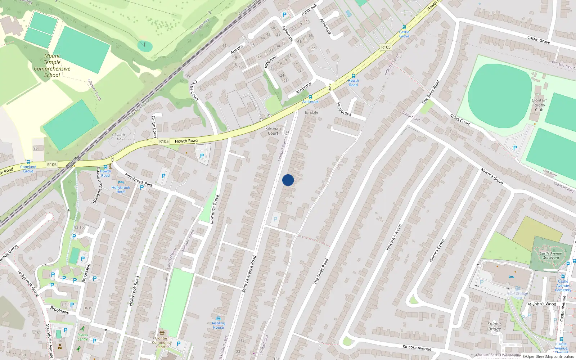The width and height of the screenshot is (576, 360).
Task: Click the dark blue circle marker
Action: (288, 180)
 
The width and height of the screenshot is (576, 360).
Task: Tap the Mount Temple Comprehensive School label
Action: (52, 66)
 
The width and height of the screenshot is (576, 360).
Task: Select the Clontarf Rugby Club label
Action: (539, 105)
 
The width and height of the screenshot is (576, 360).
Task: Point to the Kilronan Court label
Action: (273, 131)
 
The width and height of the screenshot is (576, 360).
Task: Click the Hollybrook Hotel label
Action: (121, 190)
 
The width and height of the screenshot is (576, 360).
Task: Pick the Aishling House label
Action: (218, 325)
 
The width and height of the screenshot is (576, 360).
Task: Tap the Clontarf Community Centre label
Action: (162, 342)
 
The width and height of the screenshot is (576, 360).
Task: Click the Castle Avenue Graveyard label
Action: (551, 255)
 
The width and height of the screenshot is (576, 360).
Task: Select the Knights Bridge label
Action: (494, 327)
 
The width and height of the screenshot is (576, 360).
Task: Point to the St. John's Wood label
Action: (542, 304)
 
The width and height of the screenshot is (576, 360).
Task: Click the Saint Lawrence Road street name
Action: (249, 274)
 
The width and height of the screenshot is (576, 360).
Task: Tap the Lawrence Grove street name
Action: (214, 209)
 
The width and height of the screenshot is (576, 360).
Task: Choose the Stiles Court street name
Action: (460, 120)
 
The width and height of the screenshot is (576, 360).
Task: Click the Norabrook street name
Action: (343, 109)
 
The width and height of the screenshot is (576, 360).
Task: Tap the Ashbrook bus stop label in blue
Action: (310, 102)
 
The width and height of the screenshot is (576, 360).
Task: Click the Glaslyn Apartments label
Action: (97, 185)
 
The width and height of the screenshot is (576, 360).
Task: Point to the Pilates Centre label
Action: (82, 337)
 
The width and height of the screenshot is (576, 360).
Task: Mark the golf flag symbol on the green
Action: (145, 45)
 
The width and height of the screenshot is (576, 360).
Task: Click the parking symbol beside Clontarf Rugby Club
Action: (515, 148)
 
